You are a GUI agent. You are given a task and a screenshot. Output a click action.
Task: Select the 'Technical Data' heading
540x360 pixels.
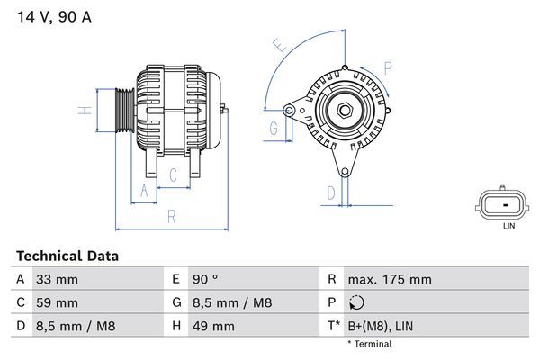tap(67, 256)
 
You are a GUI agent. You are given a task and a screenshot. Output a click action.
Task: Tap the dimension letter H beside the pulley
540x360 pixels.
tap(84, 111)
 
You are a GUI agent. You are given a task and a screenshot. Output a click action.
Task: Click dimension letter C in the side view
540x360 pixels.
tap(173, 175)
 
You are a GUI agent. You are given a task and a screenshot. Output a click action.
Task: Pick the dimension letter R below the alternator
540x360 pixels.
tap(171, 216)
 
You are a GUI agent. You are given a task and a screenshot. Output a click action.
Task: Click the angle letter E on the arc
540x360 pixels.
tap(280, 45)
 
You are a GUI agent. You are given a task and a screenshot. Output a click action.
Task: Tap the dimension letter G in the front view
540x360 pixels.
tap(273, 129)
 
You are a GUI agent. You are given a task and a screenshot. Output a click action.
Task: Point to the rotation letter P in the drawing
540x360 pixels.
tap(388, 67)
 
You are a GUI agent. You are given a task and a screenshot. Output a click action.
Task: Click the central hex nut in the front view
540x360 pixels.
tap(344, 112)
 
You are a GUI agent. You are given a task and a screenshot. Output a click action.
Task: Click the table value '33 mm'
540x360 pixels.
tap(56, 280)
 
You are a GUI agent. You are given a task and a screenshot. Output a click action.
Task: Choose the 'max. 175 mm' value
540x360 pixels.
tap(390, 280)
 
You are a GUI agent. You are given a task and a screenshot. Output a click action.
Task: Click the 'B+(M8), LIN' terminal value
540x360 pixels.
tap(384, 325)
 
